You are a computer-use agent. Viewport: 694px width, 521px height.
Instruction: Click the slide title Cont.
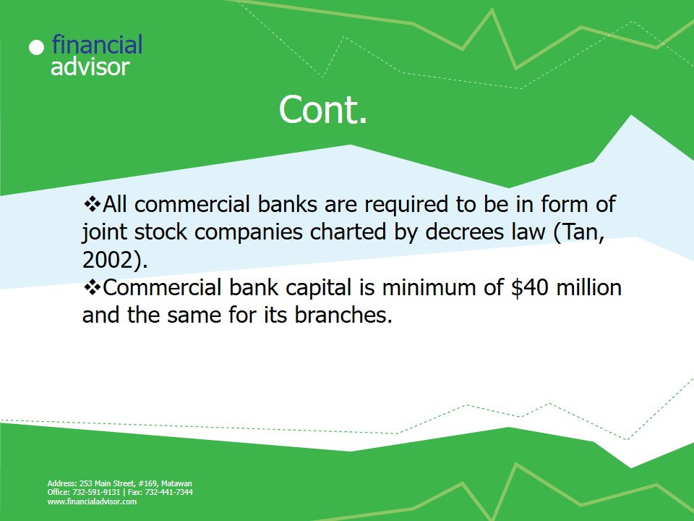click(323, 109)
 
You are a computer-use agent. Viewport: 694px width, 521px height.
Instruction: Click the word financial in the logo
click(97, 44)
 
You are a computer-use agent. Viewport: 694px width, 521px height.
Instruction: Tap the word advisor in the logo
click(90, 67)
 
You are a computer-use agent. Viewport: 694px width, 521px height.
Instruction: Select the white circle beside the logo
click(37, 48)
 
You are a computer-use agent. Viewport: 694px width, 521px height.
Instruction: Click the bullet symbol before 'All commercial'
click(92, 204)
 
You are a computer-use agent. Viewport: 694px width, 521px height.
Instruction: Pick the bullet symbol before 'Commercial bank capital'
click(92, 287)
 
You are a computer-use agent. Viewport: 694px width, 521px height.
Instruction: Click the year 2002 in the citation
click(108, 260)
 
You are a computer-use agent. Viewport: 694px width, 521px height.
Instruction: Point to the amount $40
click(530, 287)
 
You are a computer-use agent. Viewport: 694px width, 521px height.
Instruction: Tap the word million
click(588, 287)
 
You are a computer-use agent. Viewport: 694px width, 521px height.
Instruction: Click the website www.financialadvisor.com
click(92, 501)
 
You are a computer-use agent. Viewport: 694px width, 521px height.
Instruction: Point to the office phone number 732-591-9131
click(96, 492)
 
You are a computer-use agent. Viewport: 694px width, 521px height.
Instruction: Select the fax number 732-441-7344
click(168, 492)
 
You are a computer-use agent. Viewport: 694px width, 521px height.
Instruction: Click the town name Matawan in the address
click(176, 483)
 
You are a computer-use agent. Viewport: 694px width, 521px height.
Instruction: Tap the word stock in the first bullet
click(160, 232)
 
